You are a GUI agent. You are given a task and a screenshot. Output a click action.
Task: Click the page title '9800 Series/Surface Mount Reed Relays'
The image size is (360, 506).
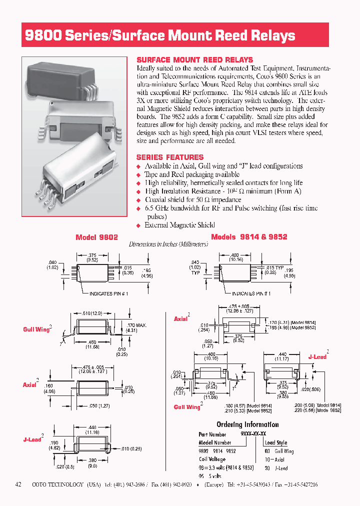click(x=160, y=35)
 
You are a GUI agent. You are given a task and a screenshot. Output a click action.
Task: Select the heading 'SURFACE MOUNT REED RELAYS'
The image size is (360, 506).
click(x=194, y=59)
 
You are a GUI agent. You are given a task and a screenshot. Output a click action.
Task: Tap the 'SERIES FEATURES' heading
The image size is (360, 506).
click(x=170, y=157)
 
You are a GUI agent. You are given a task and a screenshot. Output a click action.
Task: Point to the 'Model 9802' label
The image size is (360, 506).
click(x=96, y=237)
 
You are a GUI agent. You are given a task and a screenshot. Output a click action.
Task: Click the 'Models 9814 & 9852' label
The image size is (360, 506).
click(x=249, y=237)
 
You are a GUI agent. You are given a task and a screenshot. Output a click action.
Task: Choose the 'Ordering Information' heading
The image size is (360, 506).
click(x=247, y=424)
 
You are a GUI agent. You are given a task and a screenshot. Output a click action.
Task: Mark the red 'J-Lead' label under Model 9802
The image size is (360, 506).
click(x=32, y=439)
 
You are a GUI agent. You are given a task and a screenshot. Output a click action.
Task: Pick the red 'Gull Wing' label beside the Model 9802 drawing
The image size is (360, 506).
click(x=36, y=329)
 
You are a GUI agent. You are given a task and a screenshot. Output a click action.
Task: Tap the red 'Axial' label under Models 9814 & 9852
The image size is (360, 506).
click(x=180, y=318)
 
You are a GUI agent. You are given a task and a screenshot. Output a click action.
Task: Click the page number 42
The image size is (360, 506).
click(x=18, y=484)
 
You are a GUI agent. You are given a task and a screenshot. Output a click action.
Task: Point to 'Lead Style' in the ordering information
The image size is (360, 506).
click(x=276, y=442)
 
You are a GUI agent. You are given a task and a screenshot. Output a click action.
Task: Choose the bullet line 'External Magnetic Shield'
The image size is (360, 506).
click(x=179, y=225)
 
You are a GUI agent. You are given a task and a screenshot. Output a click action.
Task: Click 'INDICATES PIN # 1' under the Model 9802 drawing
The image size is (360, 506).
click(x=108, y=294)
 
